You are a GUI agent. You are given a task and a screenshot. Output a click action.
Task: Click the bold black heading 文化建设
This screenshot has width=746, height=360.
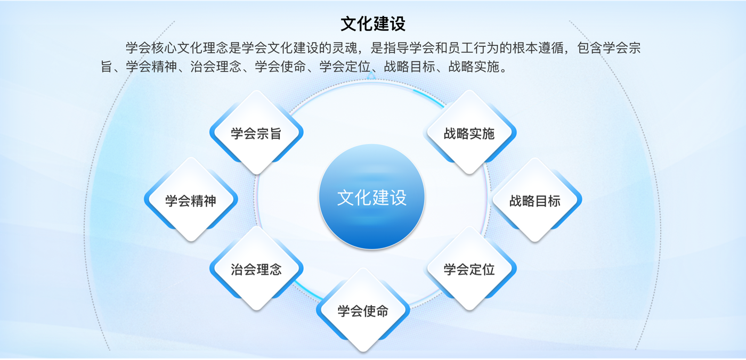point(372,24)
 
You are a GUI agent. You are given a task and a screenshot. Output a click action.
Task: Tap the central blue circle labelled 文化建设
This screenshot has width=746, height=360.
point(372,197)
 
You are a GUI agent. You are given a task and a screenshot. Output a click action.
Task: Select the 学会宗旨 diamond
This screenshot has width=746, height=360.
point(256,133)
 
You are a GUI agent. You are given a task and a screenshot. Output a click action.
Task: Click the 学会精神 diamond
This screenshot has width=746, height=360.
point(191,200)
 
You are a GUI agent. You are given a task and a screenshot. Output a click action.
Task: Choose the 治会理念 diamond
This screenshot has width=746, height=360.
point(256,268)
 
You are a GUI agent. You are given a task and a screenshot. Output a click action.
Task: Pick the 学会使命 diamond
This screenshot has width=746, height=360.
point(363,310)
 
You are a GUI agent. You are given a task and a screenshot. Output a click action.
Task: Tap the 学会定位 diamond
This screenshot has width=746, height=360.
point(469,268)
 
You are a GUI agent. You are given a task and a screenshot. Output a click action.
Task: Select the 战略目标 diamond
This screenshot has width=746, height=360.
point(535,200)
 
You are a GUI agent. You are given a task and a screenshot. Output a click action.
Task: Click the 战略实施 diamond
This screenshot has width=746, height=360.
point(469,133)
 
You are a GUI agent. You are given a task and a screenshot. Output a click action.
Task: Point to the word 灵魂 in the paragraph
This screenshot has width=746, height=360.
point(345,48)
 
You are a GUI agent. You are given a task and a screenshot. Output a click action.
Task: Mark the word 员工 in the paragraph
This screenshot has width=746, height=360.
point(460,48)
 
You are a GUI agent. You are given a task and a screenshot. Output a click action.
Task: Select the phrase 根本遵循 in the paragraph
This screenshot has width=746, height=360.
point(538,48)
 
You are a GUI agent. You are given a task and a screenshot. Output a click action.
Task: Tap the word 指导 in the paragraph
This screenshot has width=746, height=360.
point(396,48)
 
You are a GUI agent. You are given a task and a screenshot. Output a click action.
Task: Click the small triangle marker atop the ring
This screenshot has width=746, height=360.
point(371,76)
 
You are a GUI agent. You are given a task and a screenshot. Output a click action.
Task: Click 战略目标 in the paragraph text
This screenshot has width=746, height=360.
point(409,67)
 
